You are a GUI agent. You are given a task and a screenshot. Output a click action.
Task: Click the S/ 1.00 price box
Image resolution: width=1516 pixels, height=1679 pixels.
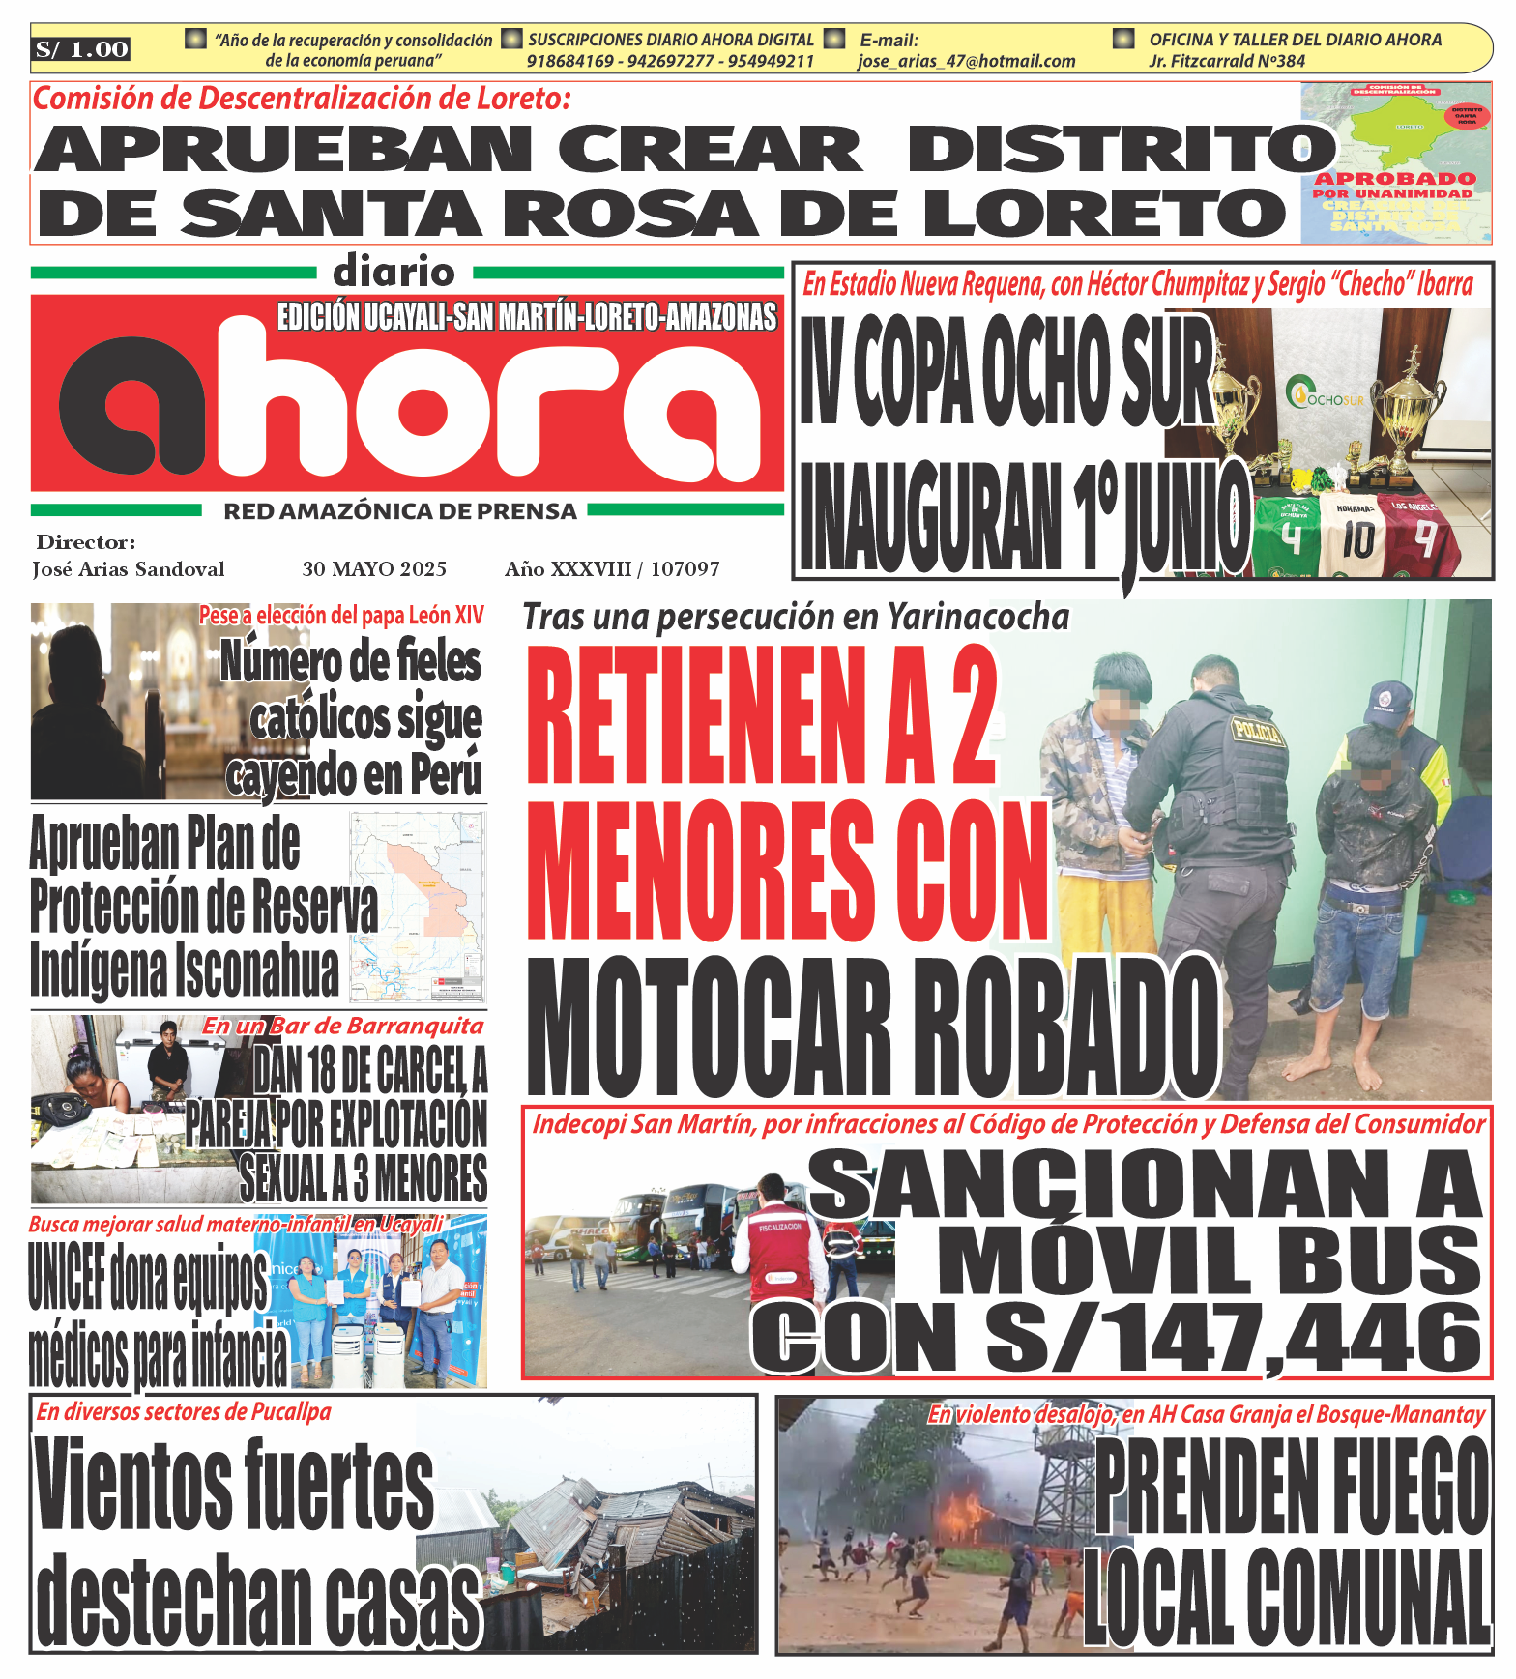pyautogui.click(x=82, y=49)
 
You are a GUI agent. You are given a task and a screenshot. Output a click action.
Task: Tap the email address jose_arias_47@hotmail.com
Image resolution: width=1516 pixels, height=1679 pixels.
pyautogui.click(x=966, y=61)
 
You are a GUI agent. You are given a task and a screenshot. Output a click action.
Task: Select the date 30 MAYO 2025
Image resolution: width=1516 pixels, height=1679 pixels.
pyautogui.click(x=374, y=569)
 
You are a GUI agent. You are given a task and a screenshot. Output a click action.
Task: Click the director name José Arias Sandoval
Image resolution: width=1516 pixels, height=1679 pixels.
pyautogui.click(x=129, y=569)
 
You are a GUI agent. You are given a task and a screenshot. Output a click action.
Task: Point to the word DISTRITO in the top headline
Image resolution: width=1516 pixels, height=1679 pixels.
pyautogui.click(x=1122, y=149)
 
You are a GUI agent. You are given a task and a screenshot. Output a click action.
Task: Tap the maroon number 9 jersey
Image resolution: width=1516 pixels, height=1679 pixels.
pyautogui.click(x=1423, y=536)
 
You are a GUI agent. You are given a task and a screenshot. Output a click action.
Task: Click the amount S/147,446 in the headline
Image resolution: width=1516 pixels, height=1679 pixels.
pyautogui.click(x=1233, y=1339)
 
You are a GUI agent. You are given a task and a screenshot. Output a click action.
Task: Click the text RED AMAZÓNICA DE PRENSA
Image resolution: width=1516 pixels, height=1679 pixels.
pyautogui.click(x=400, y=511)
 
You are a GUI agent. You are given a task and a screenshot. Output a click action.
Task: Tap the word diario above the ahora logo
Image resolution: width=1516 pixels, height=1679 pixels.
pyautogui.click(x=394, y=273)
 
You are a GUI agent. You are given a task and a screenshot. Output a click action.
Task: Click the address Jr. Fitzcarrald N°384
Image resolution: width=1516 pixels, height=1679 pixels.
pyautogui.click(x=1227, y=61)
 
